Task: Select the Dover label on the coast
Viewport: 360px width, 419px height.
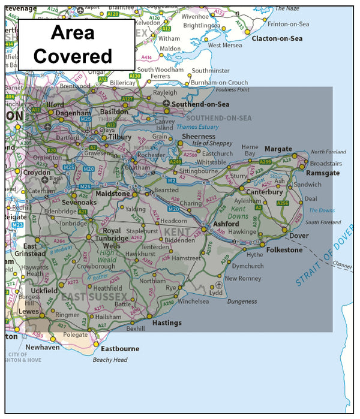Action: pyautogui.click(x=299, y=236)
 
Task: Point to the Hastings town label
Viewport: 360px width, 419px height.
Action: pyautogui.click(x=167, y=322)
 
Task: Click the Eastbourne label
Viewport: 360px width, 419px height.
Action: pyautogui.click(x=120, y=348)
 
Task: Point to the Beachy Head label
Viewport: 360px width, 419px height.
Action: pyautogui.click(x=110, y=360)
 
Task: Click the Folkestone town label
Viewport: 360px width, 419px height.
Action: pyautogui.click(x=284, y=249)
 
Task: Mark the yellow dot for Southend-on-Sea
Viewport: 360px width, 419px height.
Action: pyautogui.click(x=166, y=104)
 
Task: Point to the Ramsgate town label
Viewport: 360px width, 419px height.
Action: pyautogui.click(x=323, y=173)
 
